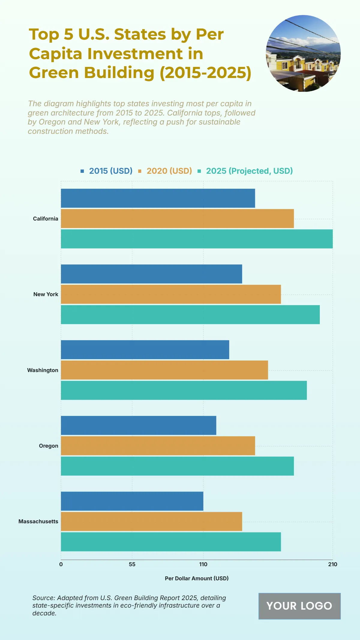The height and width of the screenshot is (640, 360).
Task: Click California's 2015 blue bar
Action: click(158, 198)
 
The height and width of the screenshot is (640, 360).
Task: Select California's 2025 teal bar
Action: click(196, 239)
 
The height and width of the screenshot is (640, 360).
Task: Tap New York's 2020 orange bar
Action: click(171, 294)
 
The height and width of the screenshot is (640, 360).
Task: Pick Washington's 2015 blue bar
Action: click(145, 350)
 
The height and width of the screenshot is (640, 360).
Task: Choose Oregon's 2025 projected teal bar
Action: click(177, 466)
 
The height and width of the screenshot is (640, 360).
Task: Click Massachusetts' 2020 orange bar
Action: click(151, 521)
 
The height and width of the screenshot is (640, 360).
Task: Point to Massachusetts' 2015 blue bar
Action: click(132, 501)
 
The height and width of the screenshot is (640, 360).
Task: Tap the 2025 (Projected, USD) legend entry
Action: click(245, 171)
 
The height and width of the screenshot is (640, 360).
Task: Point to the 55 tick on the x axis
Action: click(132, 564)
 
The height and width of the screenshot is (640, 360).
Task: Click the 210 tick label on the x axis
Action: click(332, 564)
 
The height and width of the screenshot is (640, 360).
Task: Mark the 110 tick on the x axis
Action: click(203, 564)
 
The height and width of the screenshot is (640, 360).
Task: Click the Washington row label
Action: click(43, 370)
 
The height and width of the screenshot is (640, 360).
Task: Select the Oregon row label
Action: click(49, 446)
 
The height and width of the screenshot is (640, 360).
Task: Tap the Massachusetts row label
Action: click(38, 521)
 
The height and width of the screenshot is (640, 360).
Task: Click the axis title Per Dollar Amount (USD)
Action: click(196, 578)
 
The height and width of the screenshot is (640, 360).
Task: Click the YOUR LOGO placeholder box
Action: click(299, 606)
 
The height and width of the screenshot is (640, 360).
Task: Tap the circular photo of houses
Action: click(303, 53)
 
